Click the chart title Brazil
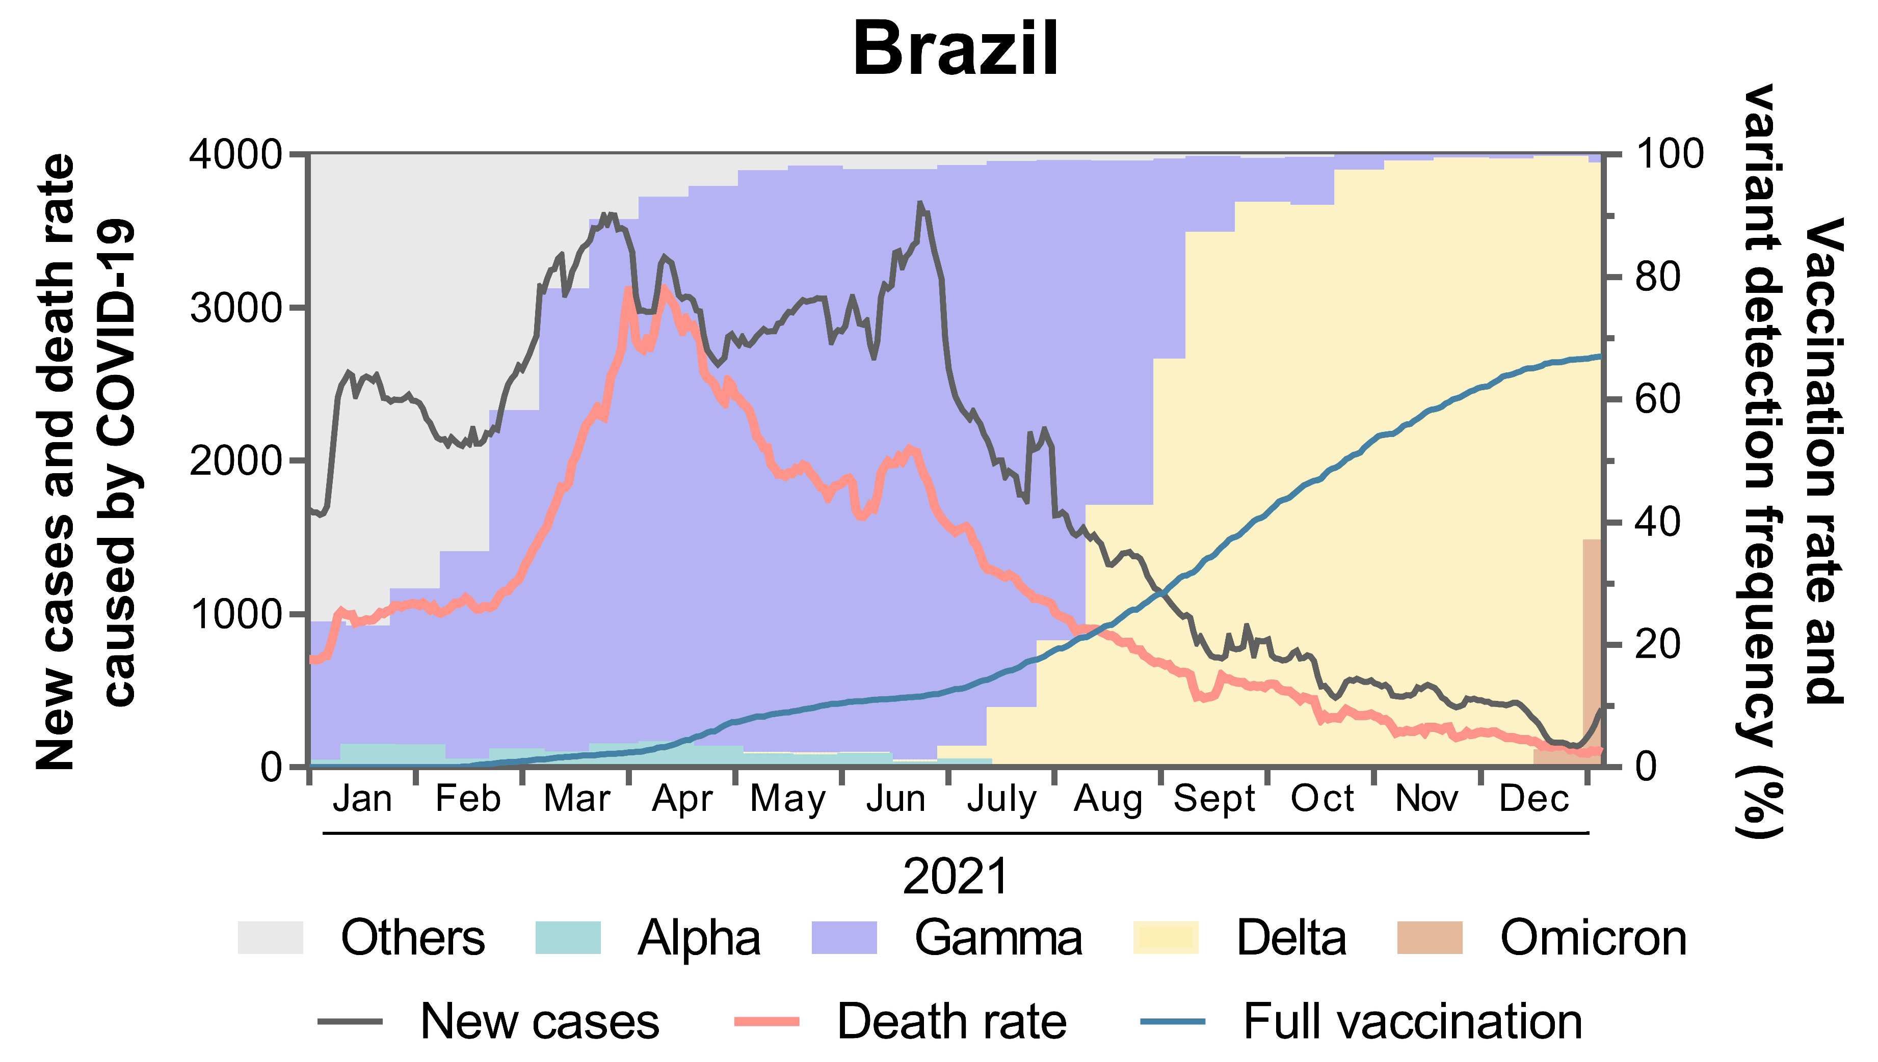955,48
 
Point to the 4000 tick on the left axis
235,155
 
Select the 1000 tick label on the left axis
235,614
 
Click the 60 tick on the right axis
1657,400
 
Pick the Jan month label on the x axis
363,799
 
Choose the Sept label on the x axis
1214,799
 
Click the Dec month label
1533,799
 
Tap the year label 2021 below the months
955,876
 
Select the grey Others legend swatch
270,938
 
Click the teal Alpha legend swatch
568,938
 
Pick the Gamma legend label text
998,938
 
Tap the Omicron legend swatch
1430,938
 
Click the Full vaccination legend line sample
1173,1022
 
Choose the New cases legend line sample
350,1022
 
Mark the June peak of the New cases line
920,204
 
